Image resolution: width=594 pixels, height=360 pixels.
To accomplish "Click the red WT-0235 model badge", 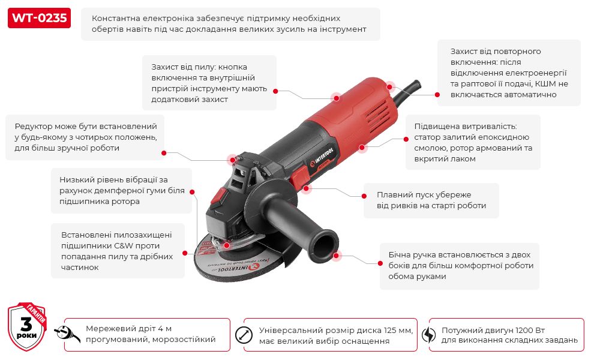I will [x=39, y=18].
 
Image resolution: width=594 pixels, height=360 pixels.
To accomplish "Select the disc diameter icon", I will [x=244, y=335].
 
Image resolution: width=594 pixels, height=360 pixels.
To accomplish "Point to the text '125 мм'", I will [x=398, y=330].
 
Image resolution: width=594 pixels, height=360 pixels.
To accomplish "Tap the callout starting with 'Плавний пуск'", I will [x=431, y=200].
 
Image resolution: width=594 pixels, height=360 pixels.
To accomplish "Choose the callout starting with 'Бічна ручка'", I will [x=460, y=266].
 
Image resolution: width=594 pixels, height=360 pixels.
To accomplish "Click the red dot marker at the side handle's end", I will [x=338, y=255].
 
